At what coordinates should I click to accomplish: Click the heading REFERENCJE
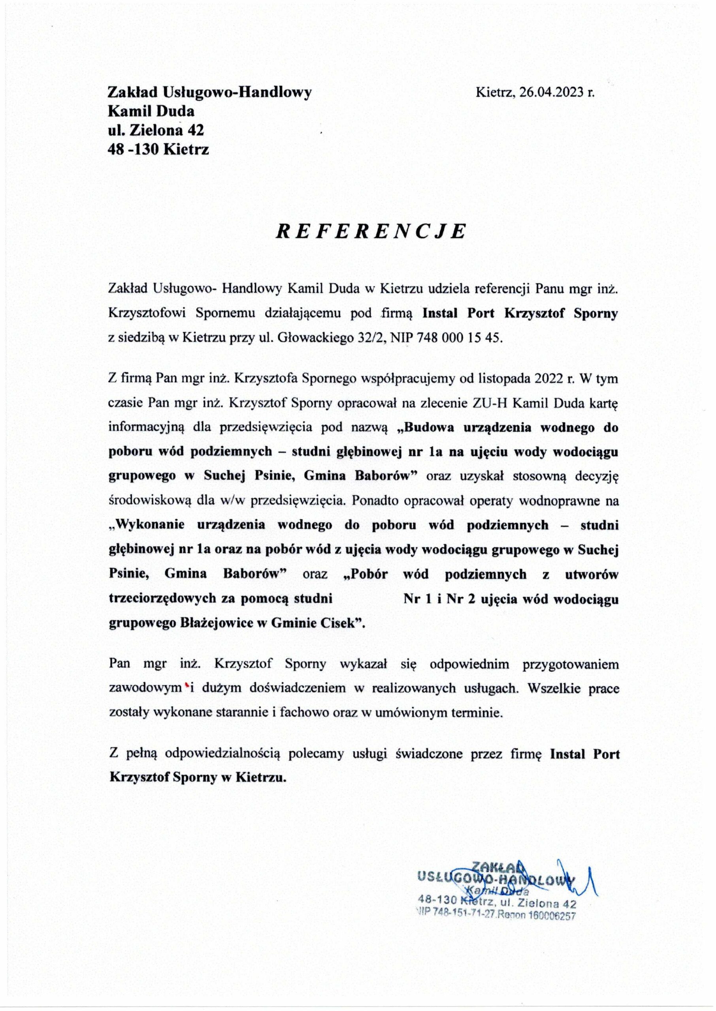tap(370, 231)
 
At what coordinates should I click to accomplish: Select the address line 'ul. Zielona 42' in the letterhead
tap(156, 130)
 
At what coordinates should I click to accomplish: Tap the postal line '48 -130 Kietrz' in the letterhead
tap(158, 150)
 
